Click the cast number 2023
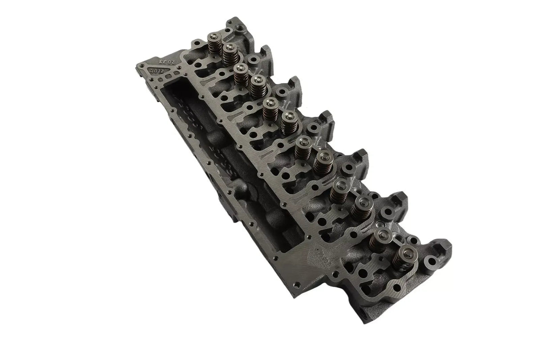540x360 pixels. coord(165,58)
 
